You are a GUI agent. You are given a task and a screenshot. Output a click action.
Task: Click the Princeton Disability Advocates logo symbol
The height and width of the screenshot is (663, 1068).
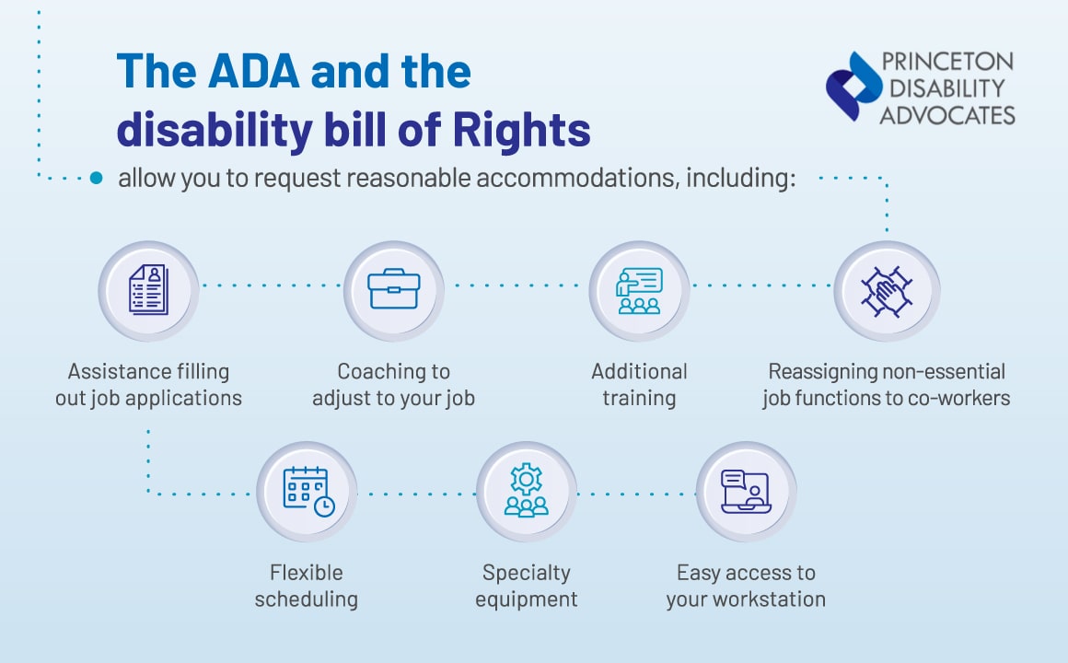853,87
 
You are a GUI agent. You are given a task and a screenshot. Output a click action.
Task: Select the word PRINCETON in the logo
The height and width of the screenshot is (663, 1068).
947,63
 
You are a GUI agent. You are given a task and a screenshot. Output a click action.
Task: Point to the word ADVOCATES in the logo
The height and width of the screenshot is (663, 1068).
947,115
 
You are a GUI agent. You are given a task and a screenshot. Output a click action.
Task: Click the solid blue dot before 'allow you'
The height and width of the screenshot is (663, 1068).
97,179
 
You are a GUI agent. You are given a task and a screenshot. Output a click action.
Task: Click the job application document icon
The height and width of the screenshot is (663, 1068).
148,291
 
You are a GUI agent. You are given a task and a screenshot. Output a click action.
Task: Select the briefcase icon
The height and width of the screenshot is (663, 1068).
393,291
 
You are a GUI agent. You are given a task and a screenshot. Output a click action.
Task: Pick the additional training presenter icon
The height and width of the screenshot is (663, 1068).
639,291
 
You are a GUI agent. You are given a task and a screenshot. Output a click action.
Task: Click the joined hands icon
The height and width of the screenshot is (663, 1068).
885,291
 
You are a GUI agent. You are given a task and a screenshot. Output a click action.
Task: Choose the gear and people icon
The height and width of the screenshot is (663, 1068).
526,492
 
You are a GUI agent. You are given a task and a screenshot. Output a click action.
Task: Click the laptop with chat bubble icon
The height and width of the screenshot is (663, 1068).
745,492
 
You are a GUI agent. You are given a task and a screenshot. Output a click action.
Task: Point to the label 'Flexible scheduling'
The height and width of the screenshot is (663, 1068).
306,586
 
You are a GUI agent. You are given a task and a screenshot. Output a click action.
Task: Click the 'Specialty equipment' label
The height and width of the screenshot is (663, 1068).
526,586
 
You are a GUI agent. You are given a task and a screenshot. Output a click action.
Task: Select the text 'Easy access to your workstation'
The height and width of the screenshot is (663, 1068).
746,586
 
